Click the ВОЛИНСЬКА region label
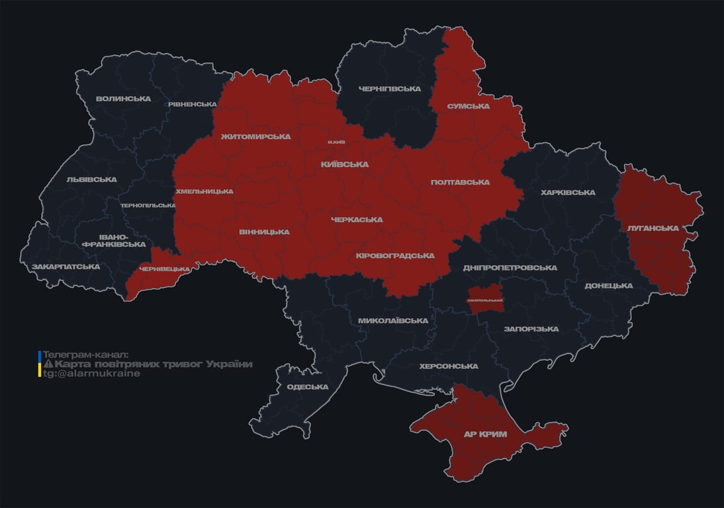point(123,99)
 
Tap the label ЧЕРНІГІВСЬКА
point(390,89)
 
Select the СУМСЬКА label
point(468,106)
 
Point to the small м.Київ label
point(336,142)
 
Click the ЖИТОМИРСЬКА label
point(255,137)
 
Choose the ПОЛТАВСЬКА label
point(460,182)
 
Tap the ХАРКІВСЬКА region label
point(567,192)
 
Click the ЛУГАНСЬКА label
point(653,228)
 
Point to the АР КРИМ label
point(485,434)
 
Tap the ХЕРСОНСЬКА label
point(449,366)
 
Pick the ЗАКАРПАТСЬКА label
point(66,267)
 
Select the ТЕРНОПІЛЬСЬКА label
point(148,205)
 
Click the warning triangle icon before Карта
point(48,364)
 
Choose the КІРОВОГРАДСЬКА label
point(395,255)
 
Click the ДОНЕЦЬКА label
point(608,286)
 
